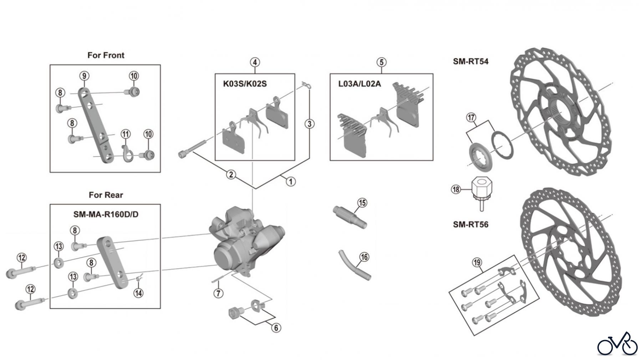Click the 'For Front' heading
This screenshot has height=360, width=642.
point(106,55)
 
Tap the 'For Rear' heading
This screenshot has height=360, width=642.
point(106,195)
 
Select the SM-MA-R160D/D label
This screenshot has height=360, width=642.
point(106,214)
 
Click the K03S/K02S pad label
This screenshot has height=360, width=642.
point(245,84)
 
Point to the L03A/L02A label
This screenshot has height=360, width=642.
point(360,84)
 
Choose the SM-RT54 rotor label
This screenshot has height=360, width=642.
point(470,61)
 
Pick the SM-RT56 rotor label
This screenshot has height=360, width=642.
point(470,224)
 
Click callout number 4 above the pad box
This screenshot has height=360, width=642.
point(255,62)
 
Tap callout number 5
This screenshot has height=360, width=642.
point(381,62)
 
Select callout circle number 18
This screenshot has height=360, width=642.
point(456,189)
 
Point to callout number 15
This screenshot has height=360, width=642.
point(362,203)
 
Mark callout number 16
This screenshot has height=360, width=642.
point(364,257)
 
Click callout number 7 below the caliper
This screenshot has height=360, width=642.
point(218,293)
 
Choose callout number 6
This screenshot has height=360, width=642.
point(276,328)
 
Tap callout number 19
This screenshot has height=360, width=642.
point(477,263)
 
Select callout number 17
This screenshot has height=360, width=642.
point(471,117)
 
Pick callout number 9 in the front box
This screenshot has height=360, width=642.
point(84,76)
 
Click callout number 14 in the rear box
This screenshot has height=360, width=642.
point(138,293)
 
